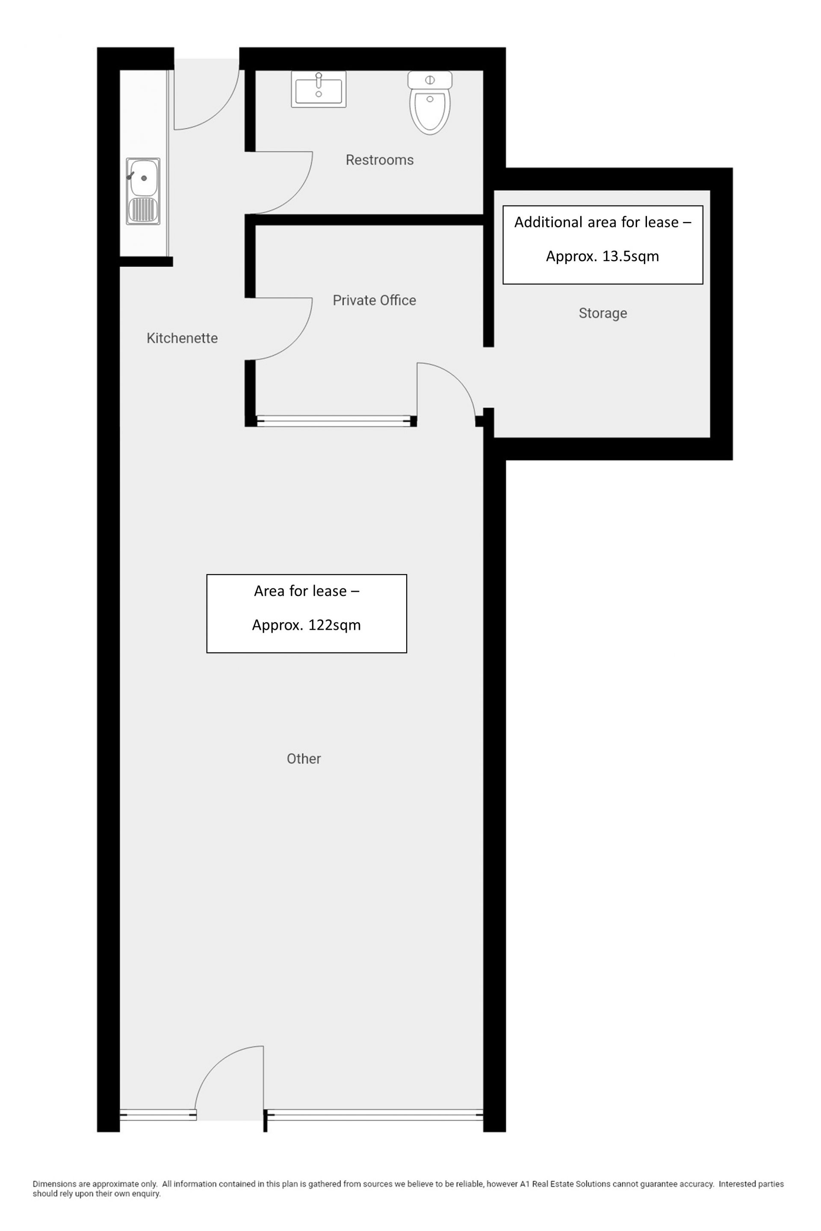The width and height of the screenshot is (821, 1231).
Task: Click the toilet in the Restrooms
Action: click(430, 103)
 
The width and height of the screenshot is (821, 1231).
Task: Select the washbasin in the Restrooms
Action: click(318, 89)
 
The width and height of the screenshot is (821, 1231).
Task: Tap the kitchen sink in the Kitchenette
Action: click(143, 191)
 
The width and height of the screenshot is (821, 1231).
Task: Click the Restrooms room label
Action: click(380, 160)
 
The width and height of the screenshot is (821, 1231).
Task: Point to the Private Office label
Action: click(375, 300)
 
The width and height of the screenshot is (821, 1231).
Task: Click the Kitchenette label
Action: click(182, 338)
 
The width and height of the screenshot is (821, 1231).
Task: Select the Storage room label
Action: click(602, 313)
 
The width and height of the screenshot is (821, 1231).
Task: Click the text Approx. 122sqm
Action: click(306, 625)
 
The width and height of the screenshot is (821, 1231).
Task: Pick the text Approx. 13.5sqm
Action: click(602, 256)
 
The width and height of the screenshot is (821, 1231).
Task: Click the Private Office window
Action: click(334, 421)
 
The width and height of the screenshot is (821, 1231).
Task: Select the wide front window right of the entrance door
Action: click(374, 1115)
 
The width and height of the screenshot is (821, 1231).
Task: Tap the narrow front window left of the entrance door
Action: click(158, 1115)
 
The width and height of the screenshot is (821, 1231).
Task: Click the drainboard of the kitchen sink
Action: click(143, 210)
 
